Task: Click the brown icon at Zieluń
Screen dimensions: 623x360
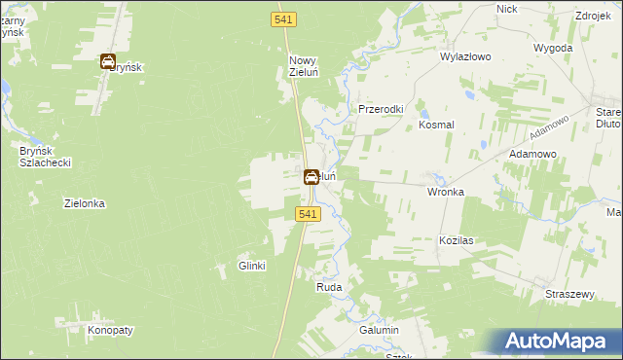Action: (311, 177)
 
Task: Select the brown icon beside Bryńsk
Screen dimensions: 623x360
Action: (108, 62)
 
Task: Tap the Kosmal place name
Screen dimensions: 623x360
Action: (437, 125)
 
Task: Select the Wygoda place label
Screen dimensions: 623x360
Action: (553, 47)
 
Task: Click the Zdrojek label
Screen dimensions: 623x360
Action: (593, 17)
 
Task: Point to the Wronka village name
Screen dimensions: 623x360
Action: (445, 192)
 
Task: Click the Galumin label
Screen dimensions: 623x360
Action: (380, 331)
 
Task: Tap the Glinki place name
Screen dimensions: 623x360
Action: (252, 266)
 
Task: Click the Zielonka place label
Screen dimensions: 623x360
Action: (84, 204)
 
